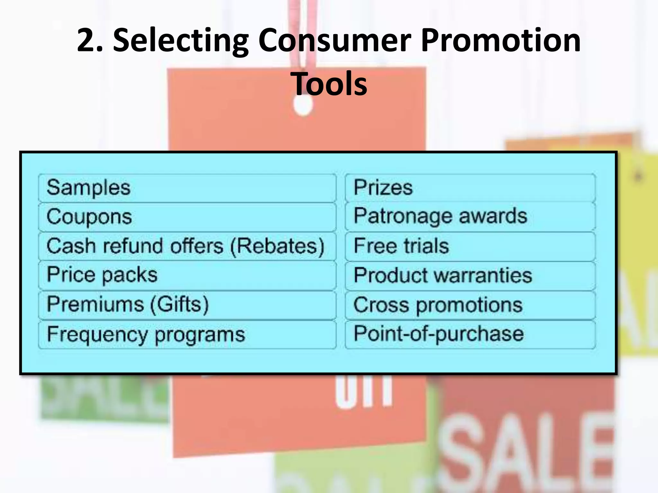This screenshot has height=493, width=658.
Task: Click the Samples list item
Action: (89, 188)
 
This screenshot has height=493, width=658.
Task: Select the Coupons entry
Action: (89, 217)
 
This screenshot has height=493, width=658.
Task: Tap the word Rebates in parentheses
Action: (277, 246)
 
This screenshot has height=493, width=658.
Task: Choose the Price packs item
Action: (102, 275)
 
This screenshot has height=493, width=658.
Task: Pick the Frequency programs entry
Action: (146, 334)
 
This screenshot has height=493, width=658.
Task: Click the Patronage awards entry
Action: (440, 216)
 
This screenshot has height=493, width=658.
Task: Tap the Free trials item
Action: (401, 246)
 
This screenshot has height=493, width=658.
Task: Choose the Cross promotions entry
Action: (438, 305)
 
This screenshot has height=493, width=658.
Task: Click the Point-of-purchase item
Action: (439, 334)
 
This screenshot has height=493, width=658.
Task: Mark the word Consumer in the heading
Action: (334, 40)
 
